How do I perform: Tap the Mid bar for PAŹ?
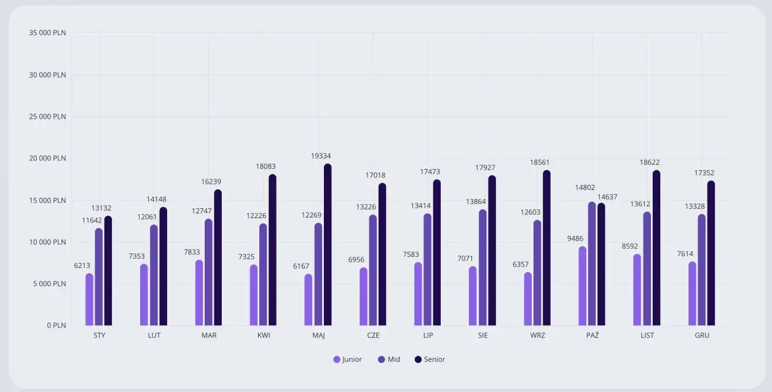pyautogui.click(x=592, y=264)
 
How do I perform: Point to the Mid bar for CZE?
pyautogui.click(x=372, y=270)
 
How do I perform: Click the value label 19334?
pyautogui.click(x=321, y=156)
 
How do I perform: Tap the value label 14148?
pyautogui.click(x=156, y=199)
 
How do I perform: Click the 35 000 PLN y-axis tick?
pyautogui.click(x=47, y=33)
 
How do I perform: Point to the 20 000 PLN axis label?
pyautogui.click(x=47, y=159)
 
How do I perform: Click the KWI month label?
pyautogui.click(x=264, y=335)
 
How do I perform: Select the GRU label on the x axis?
pyautogui.click(x=702, y=335)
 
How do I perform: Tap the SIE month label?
pyautogui.click(x=483, y=335)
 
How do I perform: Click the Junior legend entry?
pyautogui.click(x=348, y=359)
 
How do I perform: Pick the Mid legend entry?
pyautogui.click(x=389, y=359)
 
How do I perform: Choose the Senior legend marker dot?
pyautogui.click(x=418, y=359)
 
